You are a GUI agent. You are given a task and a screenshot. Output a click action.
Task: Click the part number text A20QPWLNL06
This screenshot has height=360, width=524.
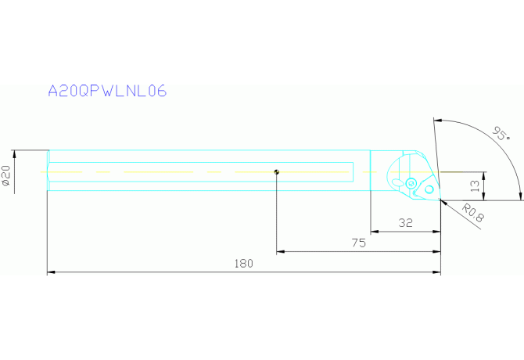(107, 91)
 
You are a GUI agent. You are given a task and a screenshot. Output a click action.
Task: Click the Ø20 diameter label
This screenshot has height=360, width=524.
(6, 176)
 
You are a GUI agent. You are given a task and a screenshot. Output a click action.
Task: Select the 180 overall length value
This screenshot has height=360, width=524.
(244, 264)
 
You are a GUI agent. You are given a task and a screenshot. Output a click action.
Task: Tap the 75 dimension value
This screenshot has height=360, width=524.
(358, 243)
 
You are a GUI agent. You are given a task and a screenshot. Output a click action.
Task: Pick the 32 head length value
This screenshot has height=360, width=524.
(405, 223)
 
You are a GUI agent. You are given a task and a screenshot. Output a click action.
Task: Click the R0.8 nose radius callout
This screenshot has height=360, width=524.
(473, 213)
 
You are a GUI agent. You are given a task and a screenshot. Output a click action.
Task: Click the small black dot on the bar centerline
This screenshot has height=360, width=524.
(277, 172)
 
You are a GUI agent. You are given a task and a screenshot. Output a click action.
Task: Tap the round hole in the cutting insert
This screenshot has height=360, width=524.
(429, 189)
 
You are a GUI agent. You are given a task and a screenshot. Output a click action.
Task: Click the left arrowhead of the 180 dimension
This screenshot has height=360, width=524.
(52, 272)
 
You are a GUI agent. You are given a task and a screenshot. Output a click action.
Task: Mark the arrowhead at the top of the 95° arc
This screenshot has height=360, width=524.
(439, 121)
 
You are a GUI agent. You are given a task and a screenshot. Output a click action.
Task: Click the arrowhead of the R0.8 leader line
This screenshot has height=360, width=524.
(443, 202)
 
